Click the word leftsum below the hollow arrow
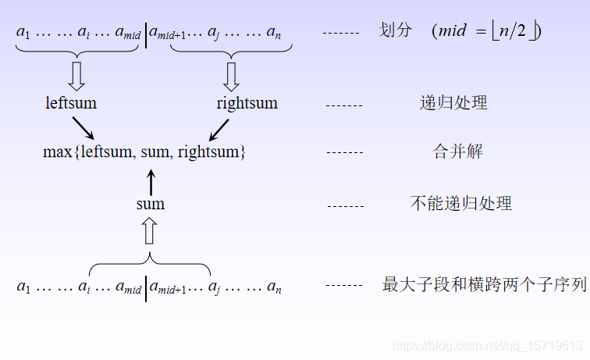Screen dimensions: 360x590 [x=71, y=103]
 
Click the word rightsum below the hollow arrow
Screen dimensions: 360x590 [x=247, y=103]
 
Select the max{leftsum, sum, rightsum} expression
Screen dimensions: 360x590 [x=144, y=152]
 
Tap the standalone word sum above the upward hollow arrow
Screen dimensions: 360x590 [x=151, y=204]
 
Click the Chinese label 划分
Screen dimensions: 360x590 [x=395, y=31]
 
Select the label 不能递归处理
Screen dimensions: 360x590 [x=461, y=204]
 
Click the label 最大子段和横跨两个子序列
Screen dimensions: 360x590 [x=484, y=285]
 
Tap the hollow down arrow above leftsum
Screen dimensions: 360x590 [x=76, y=76]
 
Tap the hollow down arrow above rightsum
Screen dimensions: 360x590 [x=230, y=76]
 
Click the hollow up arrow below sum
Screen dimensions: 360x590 [x=151, y=231]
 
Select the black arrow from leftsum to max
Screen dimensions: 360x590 [x=83, y=128]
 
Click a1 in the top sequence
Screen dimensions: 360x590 [x=23, y=33]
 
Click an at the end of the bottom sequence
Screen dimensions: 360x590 [x=274, y=288]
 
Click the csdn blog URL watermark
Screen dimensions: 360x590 [x=487, y=345]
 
